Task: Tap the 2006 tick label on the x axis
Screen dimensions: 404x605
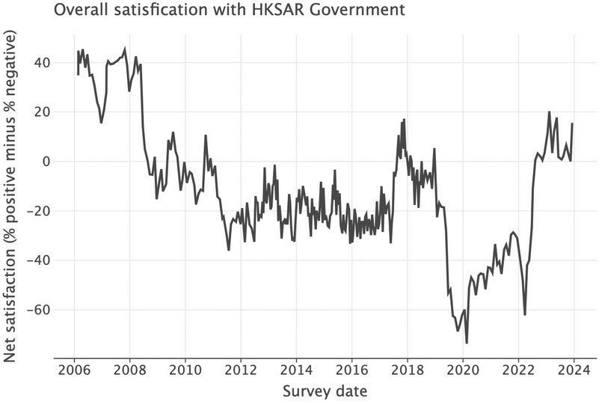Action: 75,371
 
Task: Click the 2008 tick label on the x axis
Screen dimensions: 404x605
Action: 129,371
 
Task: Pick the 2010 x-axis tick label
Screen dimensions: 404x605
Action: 185,371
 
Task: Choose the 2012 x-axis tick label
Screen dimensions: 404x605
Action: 241,371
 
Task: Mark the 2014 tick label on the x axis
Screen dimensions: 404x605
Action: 296,371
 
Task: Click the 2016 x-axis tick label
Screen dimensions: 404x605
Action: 351,371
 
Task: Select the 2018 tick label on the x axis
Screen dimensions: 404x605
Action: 407,371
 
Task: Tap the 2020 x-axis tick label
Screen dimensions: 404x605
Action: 462,371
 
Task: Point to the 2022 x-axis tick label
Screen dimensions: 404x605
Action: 518,371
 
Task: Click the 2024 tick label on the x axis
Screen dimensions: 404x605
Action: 573,371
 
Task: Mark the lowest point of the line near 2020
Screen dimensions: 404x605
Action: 467,343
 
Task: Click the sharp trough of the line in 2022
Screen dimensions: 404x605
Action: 525,314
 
